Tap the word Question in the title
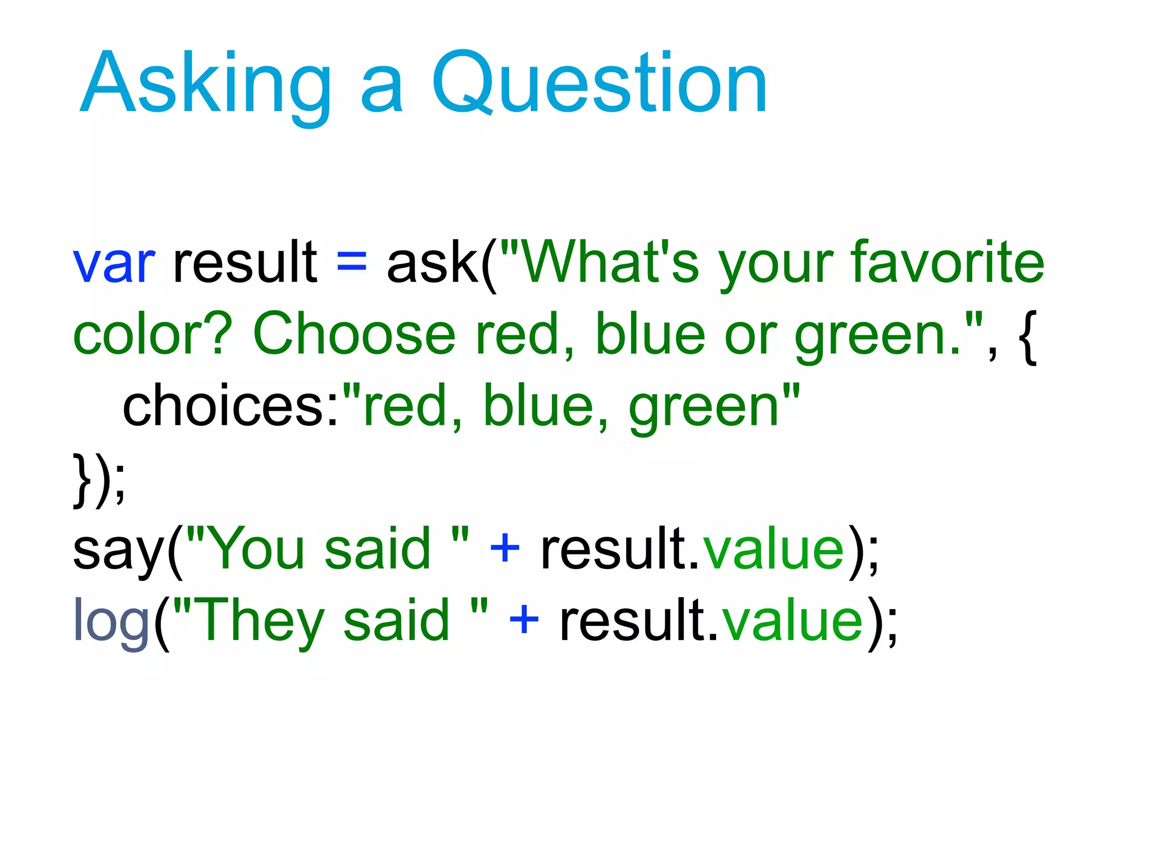tap(599, 84)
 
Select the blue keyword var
tap(114, 263)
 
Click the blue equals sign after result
tap(352, 262)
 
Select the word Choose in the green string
tap(354, 335)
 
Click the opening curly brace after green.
tap(1027, 337)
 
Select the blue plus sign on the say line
tap(505, 548)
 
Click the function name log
tap(111, 621)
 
